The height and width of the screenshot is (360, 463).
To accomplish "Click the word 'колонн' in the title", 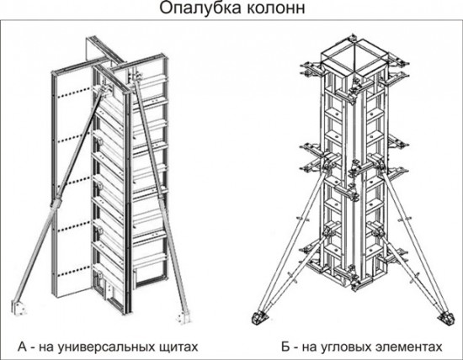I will [269, 10].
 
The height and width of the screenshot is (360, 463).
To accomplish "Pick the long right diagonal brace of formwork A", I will [162, 202].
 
